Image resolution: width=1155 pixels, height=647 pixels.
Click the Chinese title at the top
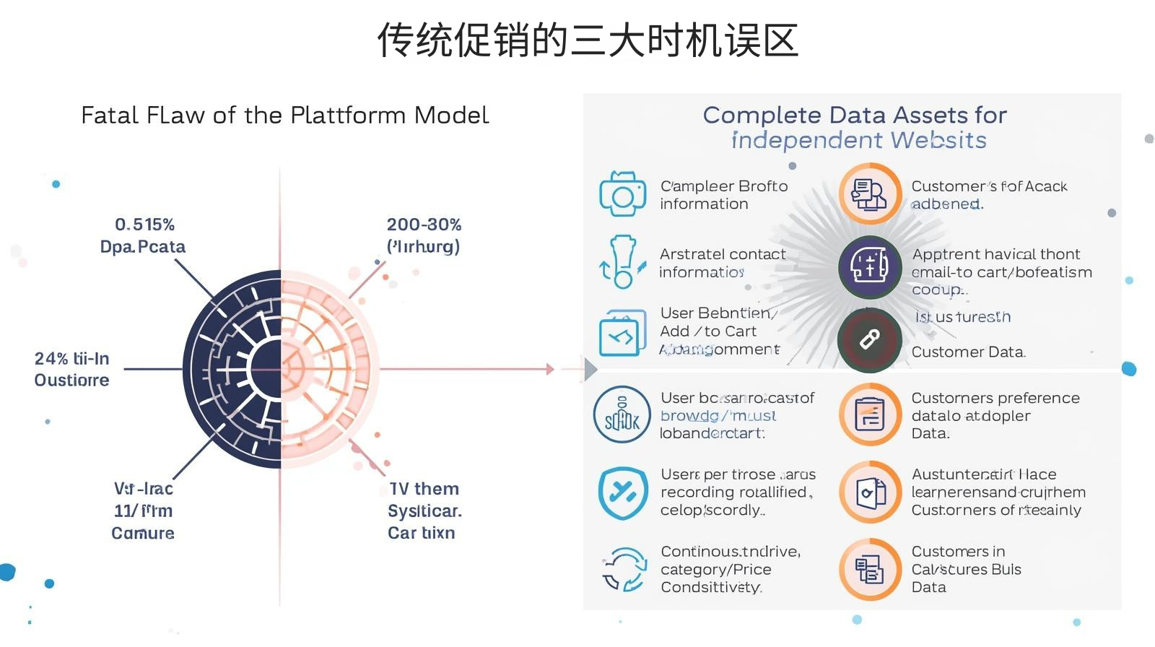pyautogui.click(x=587, y=40)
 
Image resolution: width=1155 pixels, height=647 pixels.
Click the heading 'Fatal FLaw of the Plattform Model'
pyautogui.click(x=284, y=116)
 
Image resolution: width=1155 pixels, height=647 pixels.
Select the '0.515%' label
pyautogui.click(x=144, y=225)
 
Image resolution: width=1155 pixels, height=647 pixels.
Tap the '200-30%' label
pyautogui.click(x=424, y=225)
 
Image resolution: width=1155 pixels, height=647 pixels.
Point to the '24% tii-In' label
pyautogui.click(x=71, y=359)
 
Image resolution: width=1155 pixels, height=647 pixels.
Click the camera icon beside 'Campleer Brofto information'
pyautogui.click(x=622, y=194)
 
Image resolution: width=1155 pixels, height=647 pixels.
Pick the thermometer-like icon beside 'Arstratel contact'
pyautogui.click(x=621, y=261)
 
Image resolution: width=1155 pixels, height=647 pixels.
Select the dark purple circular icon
pyautogui.click(x=870, y=266)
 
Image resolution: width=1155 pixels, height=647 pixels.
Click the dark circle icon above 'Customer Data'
pyautogui.click(x=870, y=340)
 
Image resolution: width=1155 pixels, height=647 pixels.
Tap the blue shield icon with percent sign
pyautogui.click(x=622, y=492)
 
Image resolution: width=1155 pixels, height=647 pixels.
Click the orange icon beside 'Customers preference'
pyautogui.click(x=870, y=414)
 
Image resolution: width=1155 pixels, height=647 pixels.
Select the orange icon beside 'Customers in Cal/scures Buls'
pyautogui.click(x=870, y=569)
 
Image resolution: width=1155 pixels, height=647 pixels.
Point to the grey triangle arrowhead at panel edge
pyautogui.click(x=590, y=369)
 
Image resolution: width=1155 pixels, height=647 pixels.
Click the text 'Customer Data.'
pyautogui.click(x=968, y=352)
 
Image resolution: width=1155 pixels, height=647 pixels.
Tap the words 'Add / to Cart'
pyautogui.click(x=708, y=331)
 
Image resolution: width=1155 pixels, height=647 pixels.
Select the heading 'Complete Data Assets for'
pyautogui.click(x=855, y=116)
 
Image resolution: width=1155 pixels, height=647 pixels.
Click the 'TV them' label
pyautogui.click(x=424, y=489)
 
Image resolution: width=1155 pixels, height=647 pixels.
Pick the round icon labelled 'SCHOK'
pyautogui.click(x=622, y=414)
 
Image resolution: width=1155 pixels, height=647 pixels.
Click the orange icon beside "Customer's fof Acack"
pyautogui.click(x=870, y=194)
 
